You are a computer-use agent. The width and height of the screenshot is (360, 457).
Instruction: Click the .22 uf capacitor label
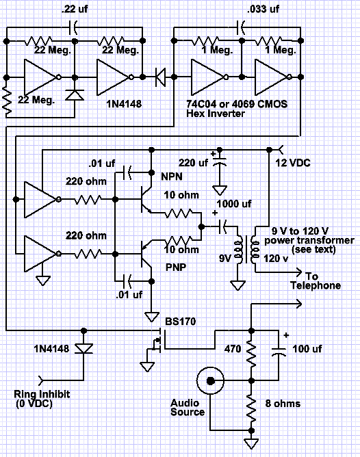(75, 9)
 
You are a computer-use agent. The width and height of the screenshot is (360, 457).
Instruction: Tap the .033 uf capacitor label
(263, 9)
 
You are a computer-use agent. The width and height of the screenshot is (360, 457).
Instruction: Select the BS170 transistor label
(181, 322)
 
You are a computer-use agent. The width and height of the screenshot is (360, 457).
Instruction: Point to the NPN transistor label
(172, 177)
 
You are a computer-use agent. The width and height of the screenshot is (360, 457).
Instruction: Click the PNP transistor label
(176, 267)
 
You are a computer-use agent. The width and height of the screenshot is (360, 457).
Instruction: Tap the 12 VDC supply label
(293, 163)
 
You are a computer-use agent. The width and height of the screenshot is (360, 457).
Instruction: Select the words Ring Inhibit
(42, 394)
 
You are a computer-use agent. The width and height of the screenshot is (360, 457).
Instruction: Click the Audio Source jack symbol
(211, 380)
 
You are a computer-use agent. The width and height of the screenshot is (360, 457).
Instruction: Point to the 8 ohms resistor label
(283, 404)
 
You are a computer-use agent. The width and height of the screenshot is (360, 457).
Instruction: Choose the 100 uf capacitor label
(307, 349)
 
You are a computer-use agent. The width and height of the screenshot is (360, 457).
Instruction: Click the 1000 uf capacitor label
(234, 204)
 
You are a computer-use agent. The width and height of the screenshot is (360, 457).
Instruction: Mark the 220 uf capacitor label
(193, 162)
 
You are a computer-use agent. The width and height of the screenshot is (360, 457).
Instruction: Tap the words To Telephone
(316, 280)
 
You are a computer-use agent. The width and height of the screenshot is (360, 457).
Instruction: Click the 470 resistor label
(233, 349)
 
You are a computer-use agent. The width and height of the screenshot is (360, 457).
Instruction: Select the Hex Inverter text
(216, 113)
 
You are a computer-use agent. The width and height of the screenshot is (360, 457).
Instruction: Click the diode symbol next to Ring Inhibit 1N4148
(83, 349)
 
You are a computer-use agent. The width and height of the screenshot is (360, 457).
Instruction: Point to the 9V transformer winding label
(224, 258)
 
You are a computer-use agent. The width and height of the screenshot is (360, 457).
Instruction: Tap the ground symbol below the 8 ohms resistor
(251, 443)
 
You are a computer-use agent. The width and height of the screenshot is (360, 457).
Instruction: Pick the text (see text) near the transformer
(313, 250)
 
